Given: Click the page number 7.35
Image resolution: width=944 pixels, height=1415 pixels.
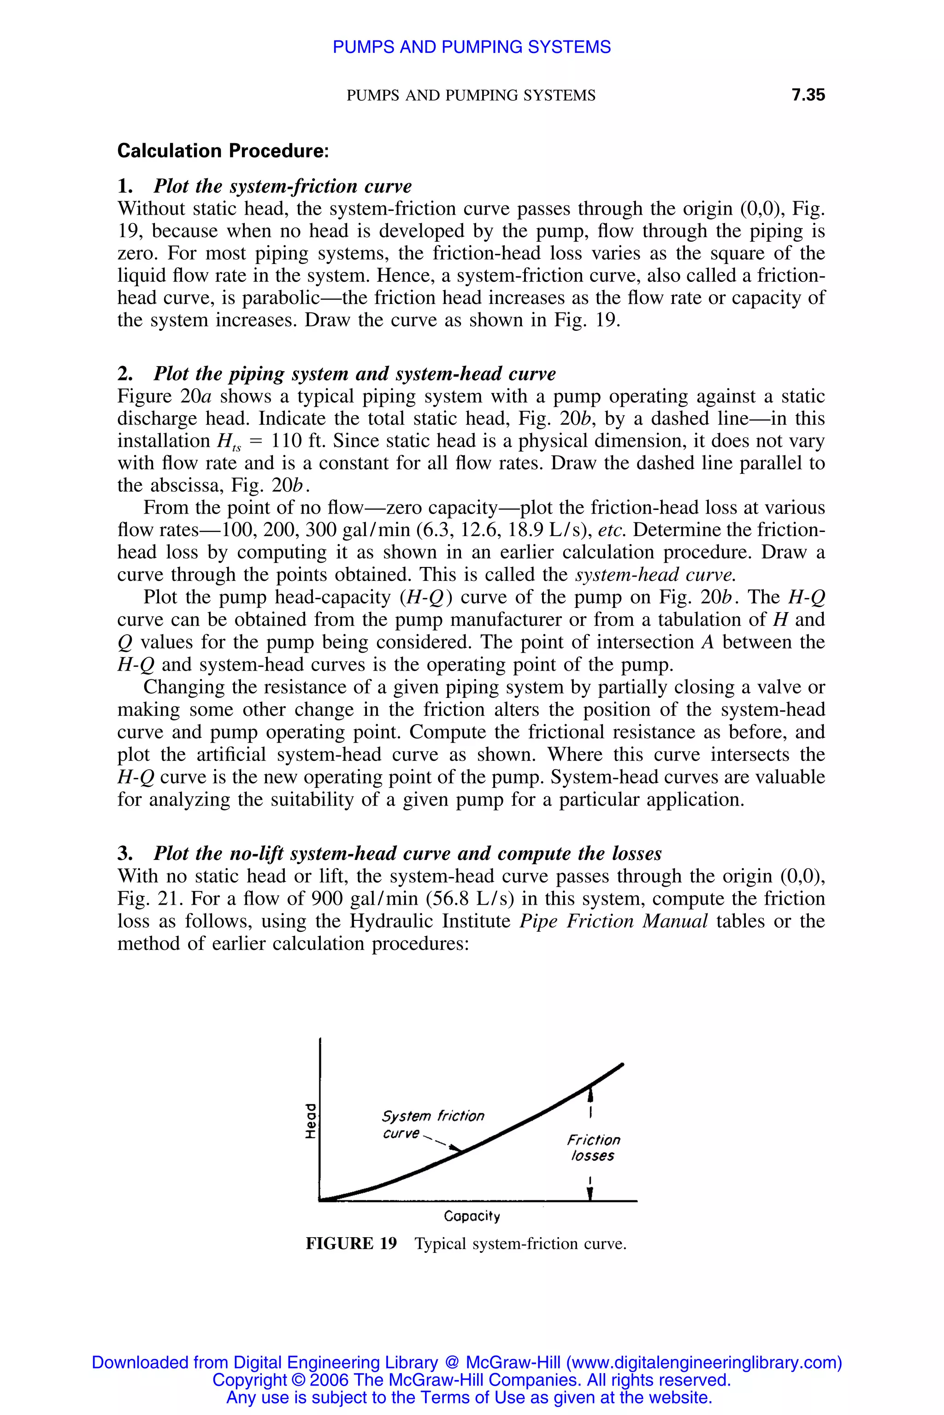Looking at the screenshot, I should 808,95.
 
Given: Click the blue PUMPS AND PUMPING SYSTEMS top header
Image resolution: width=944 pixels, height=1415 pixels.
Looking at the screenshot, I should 472,47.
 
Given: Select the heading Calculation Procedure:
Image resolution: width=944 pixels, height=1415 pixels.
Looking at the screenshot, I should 223,151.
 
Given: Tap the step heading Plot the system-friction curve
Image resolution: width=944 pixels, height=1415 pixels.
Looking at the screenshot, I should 283,186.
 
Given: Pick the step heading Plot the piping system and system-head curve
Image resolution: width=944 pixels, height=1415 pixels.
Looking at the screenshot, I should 354,374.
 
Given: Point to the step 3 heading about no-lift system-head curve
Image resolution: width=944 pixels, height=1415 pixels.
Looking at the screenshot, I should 407,853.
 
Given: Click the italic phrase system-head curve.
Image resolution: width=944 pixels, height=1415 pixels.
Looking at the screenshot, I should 655,574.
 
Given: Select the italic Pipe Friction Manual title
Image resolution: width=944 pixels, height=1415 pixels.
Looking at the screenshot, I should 613,921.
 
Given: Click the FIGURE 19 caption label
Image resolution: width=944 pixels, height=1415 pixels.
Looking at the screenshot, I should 351,1244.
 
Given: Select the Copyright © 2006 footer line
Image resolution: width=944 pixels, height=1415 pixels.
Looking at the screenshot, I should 472,1380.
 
